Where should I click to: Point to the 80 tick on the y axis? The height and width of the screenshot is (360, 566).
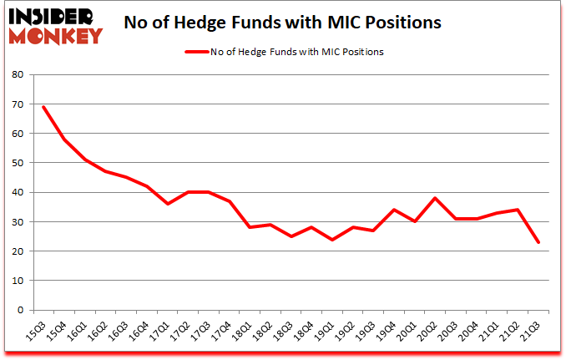(x=17, y=75)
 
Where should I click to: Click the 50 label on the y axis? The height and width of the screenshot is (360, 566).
(x=17, y=163)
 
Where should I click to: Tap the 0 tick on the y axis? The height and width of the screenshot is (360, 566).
(x=20, y=310)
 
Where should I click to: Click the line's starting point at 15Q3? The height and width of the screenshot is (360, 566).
(x=43, y=107)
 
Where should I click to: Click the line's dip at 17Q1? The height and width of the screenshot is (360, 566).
(x=169, y=204)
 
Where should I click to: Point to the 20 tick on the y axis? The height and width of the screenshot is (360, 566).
(x=17, y=251)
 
